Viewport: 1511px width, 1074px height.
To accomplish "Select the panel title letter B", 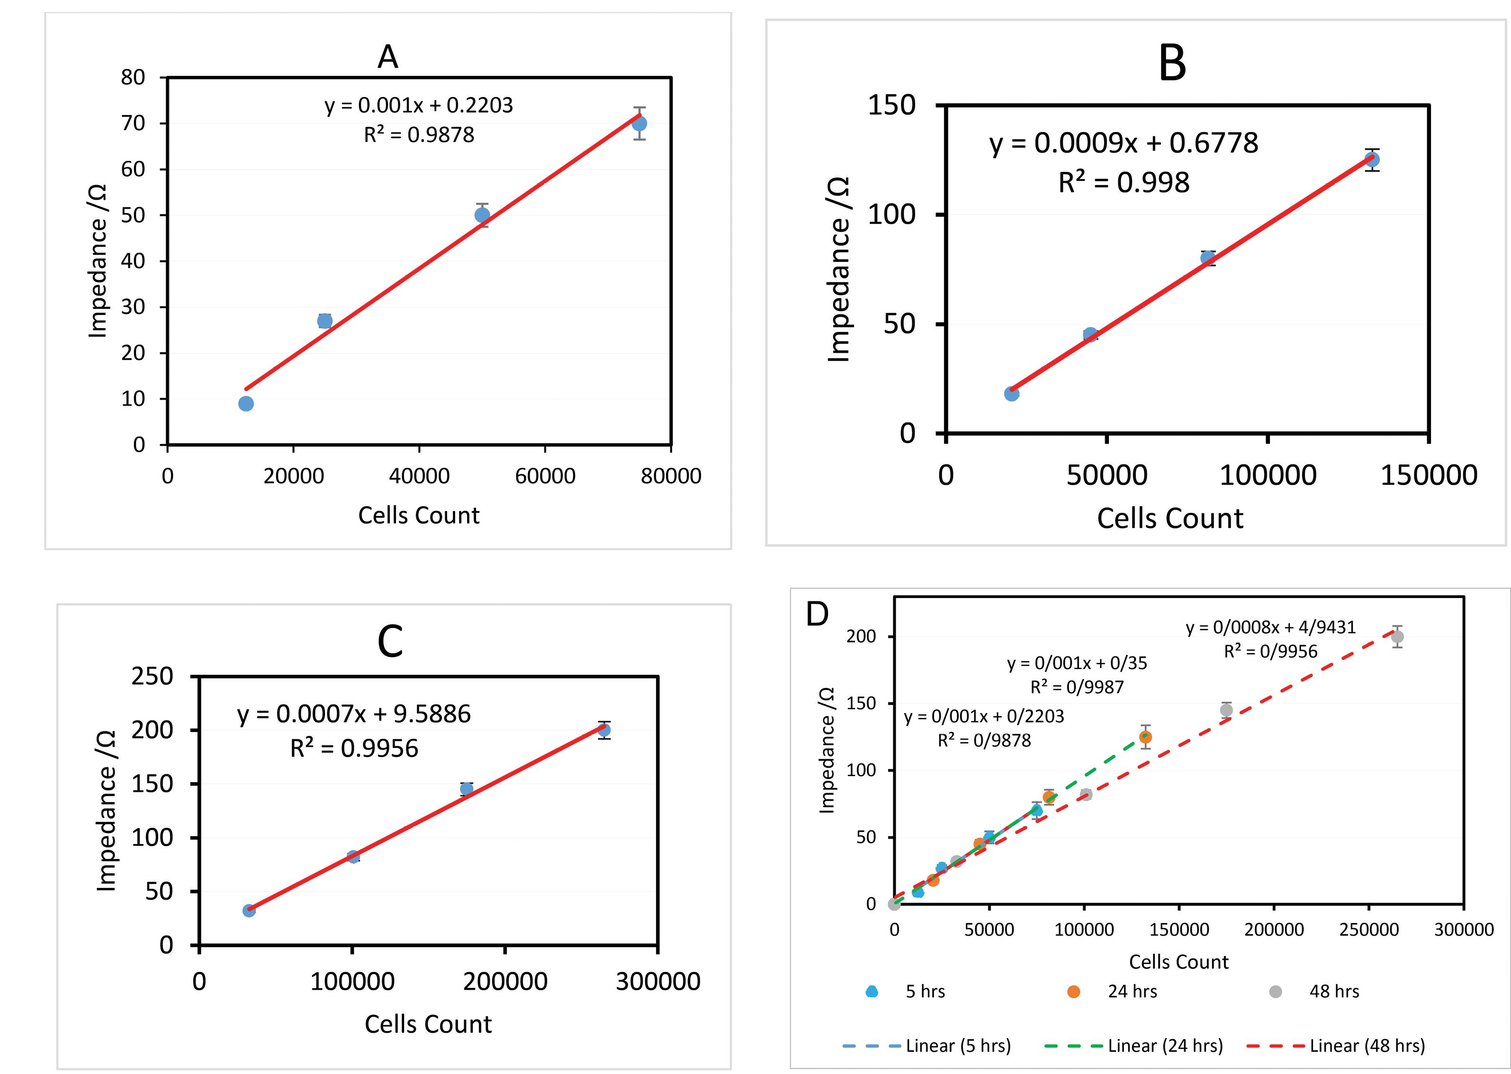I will pos(1172,64).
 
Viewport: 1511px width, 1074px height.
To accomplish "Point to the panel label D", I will pos(817,614).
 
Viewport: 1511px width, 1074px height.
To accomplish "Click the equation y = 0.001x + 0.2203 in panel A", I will pos(419,105).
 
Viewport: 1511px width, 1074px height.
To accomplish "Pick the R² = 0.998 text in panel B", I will pos(1124,182).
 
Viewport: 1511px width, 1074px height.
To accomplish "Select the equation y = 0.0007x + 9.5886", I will pos(354,714).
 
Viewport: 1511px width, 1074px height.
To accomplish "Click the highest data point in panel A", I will pos(639,124).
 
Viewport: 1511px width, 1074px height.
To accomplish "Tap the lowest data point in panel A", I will pos(246,403).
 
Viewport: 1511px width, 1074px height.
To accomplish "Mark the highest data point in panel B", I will pos(1372,160).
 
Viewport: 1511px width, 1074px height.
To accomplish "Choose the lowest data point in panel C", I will pos(249,910).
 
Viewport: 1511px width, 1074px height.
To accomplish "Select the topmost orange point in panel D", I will pos(1146,737).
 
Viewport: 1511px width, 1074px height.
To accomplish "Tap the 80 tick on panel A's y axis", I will pos(133,77).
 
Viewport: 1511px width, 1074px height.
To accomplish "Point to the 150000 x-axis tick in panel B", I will pos(1428,475).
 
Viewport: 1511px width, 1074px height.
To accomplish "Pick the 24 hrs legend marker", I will pos(1074,991).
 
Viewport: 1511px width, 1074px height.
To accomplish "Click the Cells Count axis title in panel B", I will pos(1169,519).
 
